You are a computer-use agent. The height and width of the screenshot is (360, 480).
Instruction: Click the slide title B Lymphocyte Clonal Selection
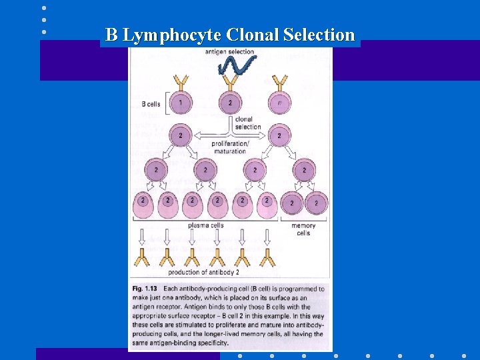(x=230, y=35)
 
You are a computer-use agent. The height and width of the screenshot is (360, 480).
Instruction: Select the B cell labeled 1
(x=180, y=103)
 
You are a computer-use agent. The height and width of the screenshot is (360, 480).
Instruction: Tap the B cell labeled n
(x=280, y=103)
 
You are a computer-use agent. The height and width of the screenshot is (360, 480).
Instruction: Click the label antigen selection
(x=229, y=51)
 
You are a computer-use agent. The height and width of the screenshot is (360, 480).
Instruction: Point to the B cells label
(x=151, y=104)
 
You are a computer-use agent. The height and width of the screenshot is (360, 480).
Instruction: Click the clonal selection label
(x=248, y=123)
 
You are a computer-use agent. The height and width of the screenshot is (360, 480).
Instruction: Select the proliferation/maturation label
(x=230, y=147)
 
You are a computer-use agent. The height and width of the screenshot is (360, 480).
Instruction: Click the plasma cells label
(x=205, y=226)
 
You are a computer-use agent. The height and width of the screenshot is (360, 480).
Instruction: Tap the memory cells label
(x=303, y=229)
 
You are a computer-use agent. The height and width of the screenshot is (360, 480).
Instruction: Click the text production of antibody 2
(x=204, y=272)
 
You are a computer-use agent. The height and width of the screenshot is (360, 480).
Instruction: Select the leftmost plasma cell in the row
(x=143, y=205)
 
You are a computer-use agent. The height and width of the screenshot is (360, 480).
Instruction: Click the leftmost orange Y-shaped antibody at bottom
(x=143, y=257)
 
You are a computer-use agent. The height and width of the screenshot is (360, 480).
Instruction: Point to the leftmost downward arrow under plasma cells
(x=143, y=237)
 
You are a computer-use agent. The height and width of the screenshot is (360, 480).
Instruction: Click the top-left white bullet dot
(x=44, y=8)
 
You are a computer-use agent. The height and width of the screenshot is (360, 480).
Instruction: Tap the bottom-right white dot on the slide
(x=464, y=355)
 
